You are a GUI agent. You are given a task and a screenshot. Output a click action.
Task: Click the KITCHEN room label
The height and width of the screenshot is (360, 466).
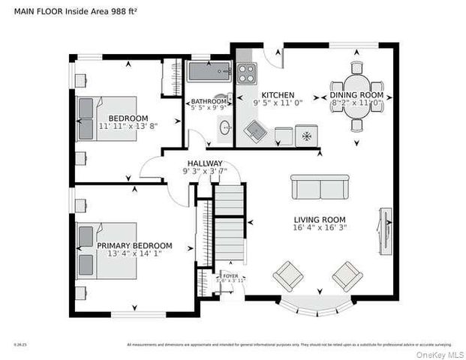point(277,95)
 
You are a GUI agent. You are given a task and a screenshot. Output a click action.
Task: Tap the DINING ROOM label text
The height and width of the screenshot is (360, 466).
point(357,95)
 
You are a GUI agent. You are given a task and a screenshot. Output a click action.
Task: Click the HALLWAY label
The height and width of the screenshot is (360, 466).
point(204,163)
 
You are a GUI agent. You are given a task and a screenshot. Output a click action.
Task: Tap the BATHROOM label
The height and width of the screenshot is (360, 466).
point(208,101)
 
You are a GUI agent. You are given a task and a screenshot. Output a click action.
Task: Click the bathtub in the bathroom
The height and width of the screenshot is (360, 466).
point(208,73)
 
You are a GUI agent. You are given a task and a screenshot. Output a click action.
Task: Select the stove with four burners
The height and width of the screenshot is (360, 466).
point(247,73)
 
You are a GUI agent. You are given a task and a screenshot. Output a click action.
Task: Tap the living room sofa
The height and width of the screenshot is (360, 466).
point(320,187)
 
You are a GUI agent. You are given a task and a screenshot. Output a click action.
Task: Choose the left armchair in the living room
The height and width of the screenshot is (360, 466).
point(287,276)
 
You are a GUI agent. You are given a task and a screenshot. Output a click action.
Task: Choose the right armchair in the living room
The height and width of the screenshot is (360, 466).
point(347,275)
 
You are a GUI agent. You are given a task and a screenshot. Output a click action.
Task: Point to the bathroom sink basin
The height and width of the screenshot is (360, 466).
point(224,129)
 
